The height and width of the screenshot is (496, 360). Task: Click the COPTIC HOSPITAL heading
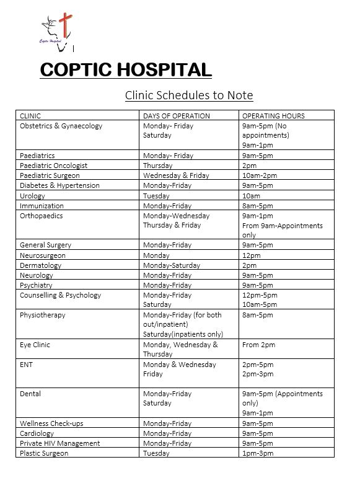pos(126,69)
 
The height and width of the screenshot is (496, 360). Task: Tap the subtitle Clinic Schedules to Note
pos(189,95)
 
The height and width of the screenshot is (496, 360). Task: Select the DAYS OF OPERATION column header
pos(177,116)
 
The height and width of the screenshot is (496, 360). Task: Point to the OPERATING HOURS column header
pos(273,116)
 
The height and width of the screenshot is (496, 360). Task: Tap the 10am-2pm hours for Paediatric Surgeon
pos(260,175)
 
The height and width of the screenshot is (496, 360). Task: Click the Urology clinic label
pos(32,195)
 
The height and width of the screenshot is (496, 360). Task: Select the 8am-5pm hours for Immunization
pos(257,205)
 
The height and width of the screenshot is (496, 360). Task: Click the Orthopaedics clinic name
pos(42,215)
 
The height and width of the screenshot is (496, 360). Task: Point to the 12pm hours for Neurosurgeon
pos(251,255)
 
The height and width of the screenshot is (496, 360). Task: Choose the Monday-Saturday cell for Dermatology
pos(172,265)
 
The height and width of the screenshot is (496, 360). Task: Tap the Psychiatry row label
pos(37,285)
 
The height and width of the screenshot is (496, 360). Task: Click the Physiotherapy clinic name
pos(42,315)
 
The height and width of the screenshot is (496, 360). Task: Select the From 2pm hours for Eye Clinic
pos(258,344)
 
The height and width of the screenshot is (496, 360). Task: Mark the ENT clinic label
pos(26,365)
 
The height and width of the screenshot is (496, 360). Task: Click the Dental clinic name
pos(30,394)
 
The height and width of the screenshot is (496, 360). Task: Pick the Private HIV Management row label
pos(59,443)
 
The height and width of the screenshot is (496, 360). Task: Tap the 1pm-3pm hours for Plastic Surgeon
pos(258,453)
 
